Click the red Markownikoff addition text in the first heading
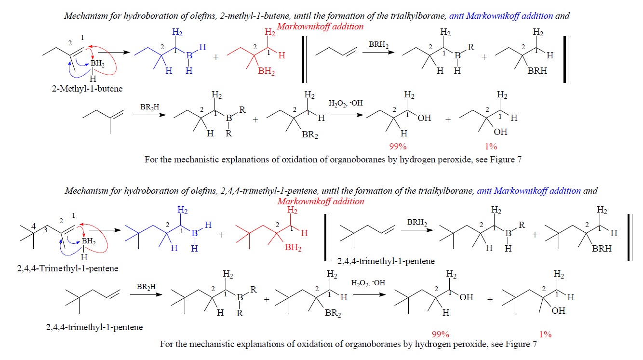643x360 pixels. point(320,27)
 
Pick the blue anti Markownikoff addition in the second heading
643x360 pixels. point(529,190)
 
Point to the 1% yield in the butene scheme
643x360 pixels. point(491,147)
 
